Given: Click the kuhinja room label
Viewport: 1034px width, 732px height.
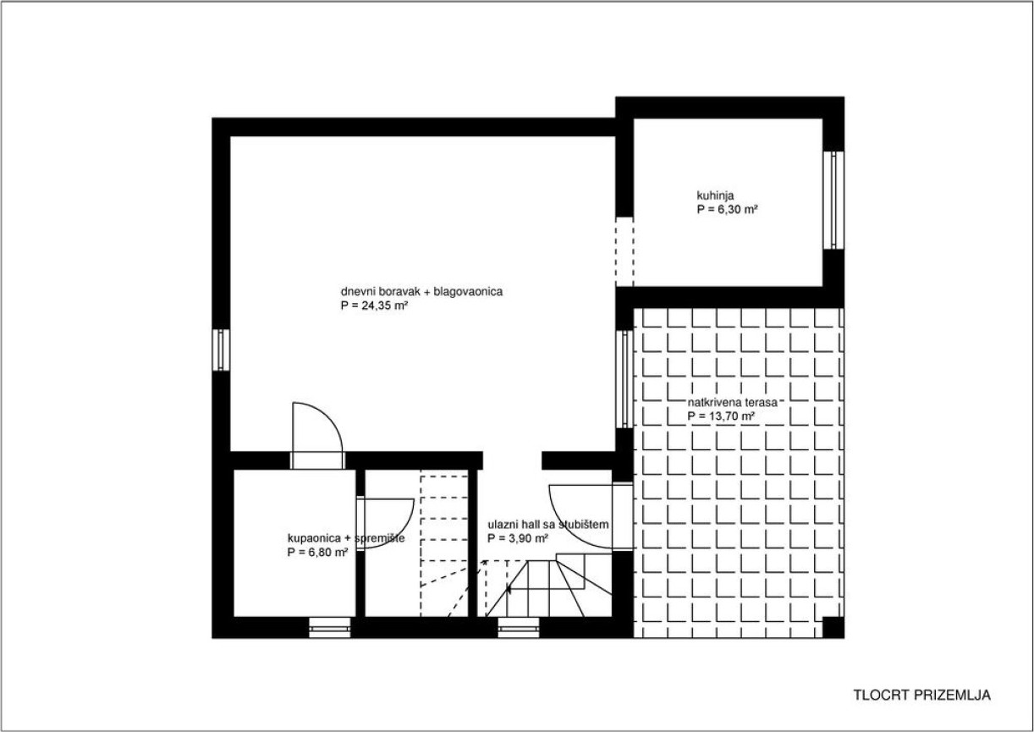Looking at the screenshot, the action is pyautogui.click(x=715, y=195).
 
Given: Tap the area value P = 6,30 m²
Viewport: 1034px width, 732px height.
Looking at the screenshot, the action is pyautogui.click(x=727, y=210).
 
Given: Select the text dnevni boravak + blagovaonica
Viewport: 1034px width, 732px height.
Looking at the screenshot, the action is pyautogui.click(x=421, y=292).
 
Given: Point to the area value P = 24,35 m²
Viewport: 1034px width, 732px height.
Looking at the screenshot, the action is pyautogui.click(x=374, y=305).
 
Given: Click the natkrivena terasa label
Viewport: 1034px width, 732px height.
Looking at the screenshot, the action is pyautogui.click(x=733, y=403).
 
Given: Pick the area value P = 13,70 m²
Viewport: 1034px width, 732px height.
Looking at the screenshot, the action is pyautogui.click(x=721, y=416).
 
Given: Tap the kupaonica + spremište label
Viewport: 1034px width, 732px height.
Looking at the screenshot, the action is pyautogui.click(x=346, y=538).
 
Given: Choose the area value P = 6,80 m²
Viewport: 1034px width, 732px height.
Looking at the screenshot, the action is pyautogui.click(x=317, y=553).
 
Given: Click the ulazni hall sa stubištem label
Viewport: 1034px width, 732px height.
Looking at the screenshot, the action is pyautogui.click(x=548, y=525).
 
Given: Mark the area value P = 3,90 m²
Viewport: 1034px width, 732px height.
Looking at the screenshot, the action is pyautogui.click(x=518, y=538).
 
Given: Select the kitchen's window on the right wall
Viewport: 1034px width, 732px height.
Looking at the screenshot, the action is pyautogui.click(x=833, y=200).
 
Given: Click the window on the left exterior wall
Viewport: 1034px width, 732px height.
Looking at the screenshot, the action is pyautogui.click(x=221, y=349).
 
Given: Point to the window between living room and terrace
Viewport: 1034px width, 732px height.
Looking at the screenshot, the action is pyautogui.click(x=624, y=379).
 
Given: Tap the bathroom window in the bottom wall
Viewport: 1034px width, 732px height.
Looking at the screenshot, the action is pyautogui.click(x=330, y=628).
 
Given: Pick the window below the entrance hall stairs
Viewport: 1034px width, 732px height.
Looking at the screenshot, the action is pyautogui.click(x=519, y=628).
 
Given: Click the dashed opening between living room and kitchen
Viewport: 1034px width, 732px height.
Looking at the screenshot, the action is pyautogui.click(x=624, y=251).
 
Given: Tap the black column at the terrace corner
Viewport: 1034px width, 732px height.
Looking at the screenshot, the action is pyautogui.click(x=833, y=628).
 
